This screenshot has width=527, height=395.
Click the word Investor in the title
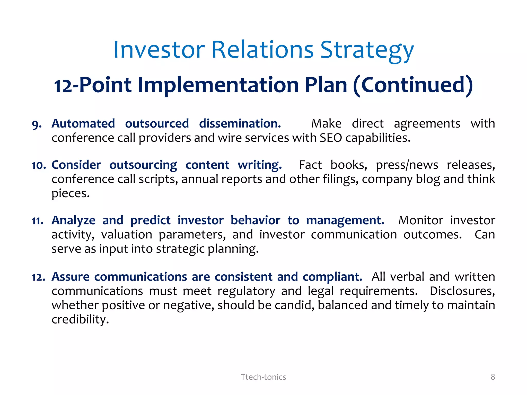(x=159, y=50)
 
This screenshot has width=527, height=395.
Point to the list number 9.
(x=37, y=124)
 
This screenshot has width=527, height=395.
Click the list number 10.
(x=39, y=165)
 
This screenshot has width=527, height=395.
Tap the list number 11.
(x=38, y=221)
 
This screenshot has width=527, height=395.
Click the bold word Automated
(x=83, y=124)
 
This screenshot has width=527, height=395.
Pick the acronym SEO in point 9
(x=331, y=138)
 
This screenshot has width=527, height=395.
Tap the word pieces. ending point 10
(x=71, y=193)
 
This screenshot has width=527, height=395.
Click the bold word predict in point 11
(x=150, y=221)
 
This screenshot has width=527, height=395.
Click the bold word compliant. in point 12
(x=332, y=277)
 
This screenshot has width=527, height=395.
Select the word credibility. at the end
(x=80, y=320)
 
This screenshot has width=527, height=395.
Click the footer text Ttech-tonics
(x=263, y=377)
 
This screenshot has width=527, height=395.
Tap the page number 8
(x=493, y=377)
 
